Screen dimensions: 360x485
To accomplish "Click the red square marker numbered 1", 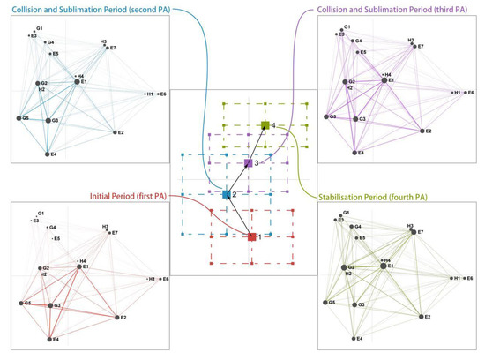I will pyautogui.click(x=252, y=236).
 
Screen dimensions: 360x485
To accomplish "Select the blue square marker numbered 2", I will pyautogui.click(x=226, y=194).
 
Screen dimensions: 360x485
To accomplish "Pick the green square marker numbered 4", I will pyautogui.click(x=265, y=127).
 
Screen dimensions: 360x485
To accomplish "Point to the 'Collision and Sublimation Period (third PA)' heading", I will pyautogui.click(x=401, y=10).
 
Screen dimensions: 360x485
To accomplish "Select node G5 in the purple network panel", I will pyautogui.click(x=332, y=116).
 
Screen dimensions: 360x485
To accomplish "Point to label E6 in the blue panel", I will pyautogui.click(x=163, y=93).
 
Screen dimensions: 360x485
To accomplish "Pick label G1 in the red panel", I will pyautogui.click(x=40, y=213).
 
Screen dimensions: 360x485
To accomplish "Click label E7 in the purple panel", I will pyautogui.click(x=420, y=47).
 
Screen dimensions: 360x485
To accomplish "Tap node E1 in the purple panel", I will pyautogui.click(x=384, y=82).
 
